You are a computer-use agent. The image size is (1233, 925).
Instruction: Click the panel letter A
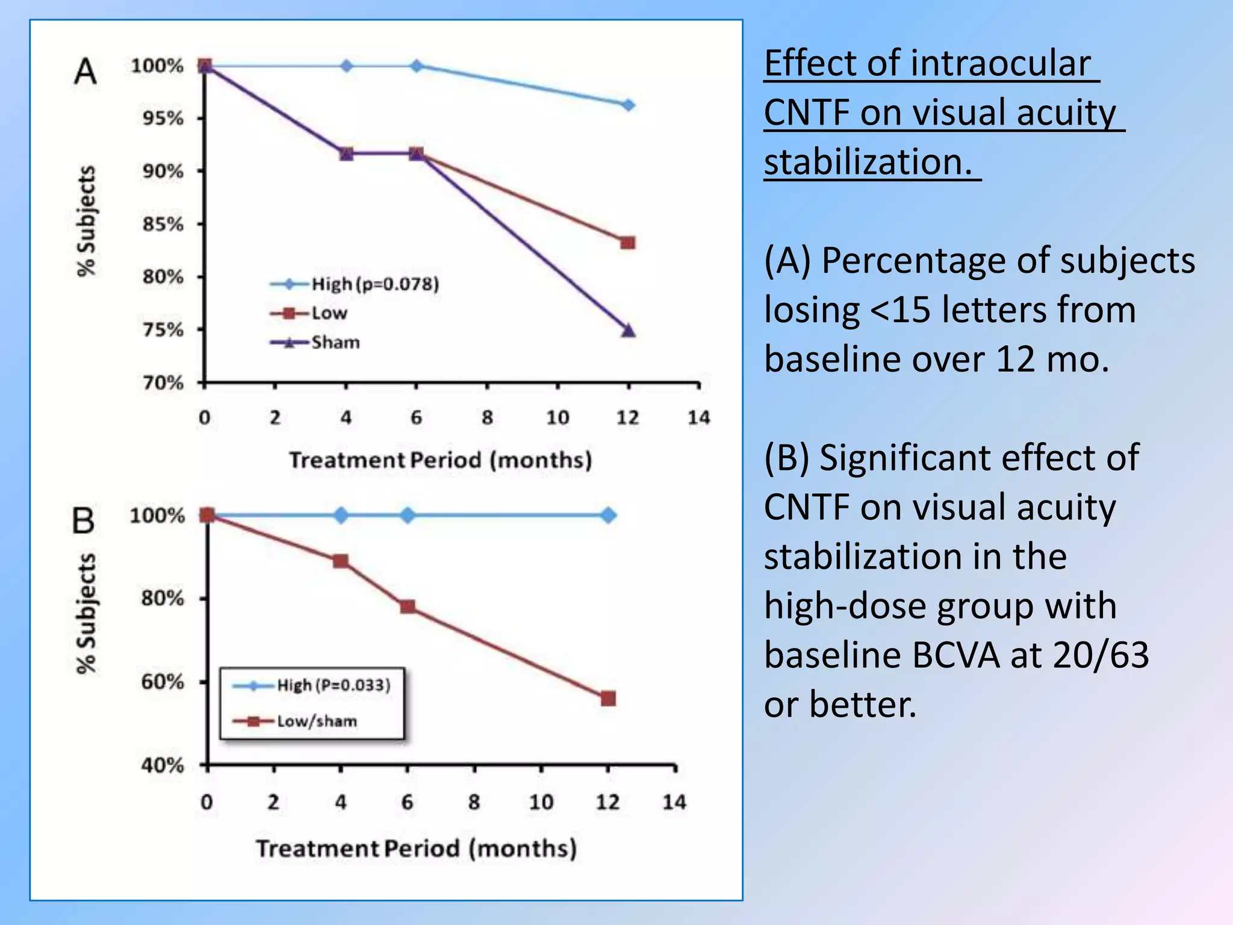(85, 72)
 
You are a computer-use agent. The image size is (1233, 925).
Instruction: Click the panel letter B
(84, 520)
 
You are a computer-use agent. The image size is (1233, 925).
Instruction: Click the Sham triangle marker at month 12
(628, 330)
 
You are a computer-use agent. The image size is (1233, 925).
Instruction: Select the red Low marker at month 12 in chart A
(628, 243)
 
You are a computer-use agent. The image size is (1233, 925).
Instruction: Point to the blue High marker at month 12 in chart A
(628, 105)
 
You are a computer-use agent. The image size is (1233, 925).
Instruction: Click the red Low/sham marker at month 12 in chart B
(608, 699)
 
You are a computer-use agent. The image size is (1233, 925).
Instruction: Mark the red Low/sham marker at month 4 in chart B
(341, 561)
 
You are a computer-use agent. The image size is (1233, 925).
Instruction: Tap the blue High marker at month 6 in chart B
(408, 515)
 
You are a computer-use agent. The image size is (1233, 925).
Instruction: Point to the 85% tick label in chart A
(163, 225)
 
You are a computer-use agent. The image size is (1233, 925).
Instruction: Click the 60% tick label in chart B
(163, 682)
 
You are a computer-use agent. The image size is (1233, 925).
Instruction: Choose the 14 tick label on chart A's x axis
(698, 417)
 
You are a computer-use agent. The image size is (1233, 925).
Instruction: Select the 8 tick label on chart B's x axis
(474, 802)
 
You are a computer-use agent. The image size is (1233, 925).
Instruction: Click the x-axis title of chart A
(440, 460)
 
